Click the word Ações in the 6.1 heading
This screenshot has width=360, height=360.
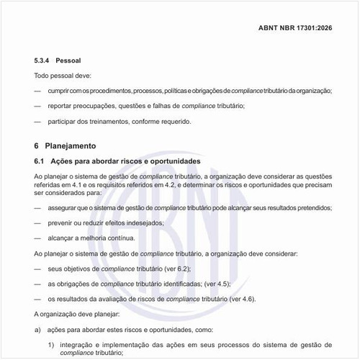[x=68, y=160]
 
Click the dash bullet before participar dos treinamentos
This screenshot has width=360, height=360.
[x=38, y=121]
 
